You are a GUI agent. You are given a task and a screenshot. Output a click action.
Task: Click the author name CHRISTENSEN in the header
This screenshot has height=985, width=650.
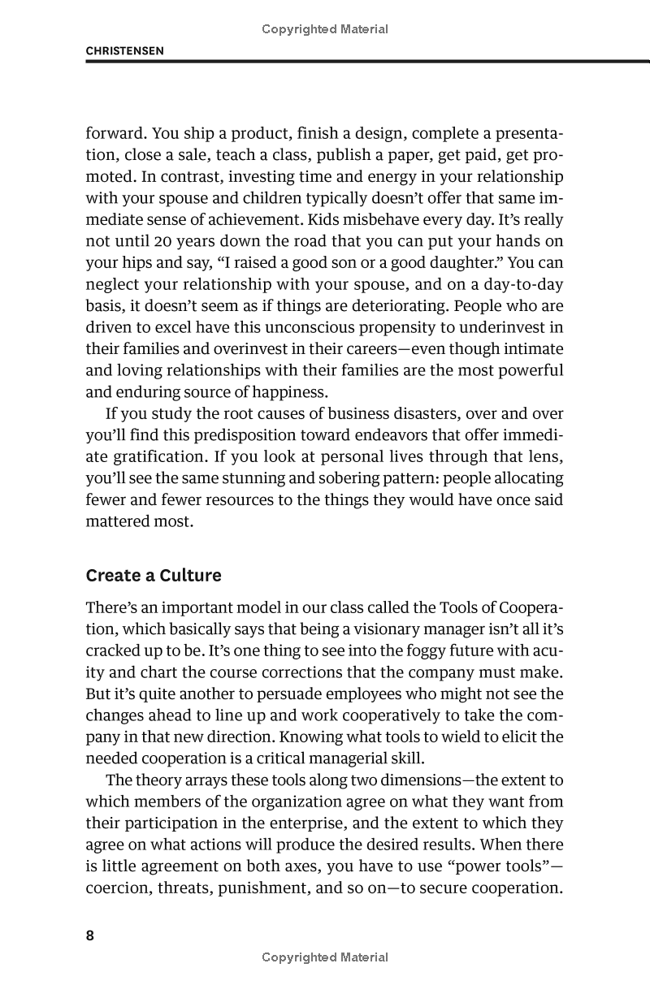[125, 50]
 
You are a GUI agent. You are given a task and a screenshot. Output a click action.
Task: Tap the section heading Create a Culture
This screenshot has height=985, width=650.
[154, 576]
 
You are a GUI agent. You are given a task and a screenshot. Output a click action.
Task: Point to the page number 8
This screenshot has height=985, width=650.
[90, 935]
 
